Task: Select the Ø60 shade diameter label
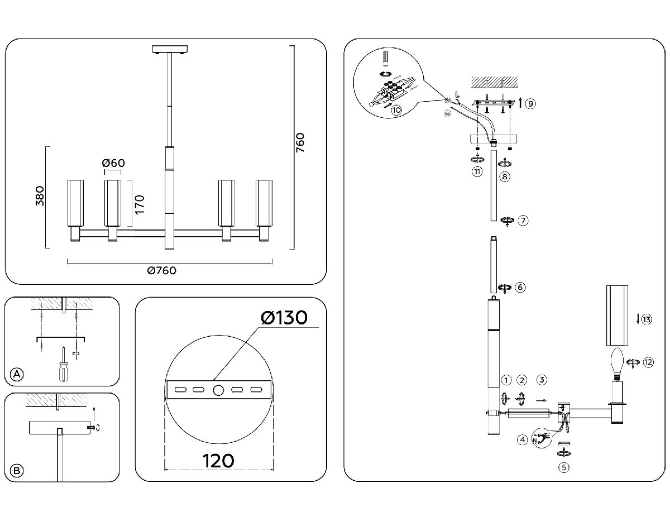[x=113, y=163]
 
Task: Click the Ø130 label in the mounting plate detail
[x=284, y=318]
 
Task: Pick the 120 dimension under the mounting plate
[x=218, y=461]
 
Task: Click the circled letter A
[x=18, y=374]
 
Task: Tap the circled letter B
[x=18, y=471]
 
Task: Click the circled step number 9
[x=530, y=103]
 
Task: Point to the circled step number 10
[x=396, y=110]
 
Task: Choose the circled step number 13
[x=647, y=320]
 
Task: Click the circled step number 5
[x=564, y=468]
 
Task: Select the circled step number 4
[x=523, y=439]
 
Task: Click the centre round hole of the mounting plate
[x=218, y=389]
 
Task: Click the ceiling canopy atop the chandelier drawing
[x=169, y=50]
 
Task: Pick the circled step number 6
[x=520, y=288]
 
